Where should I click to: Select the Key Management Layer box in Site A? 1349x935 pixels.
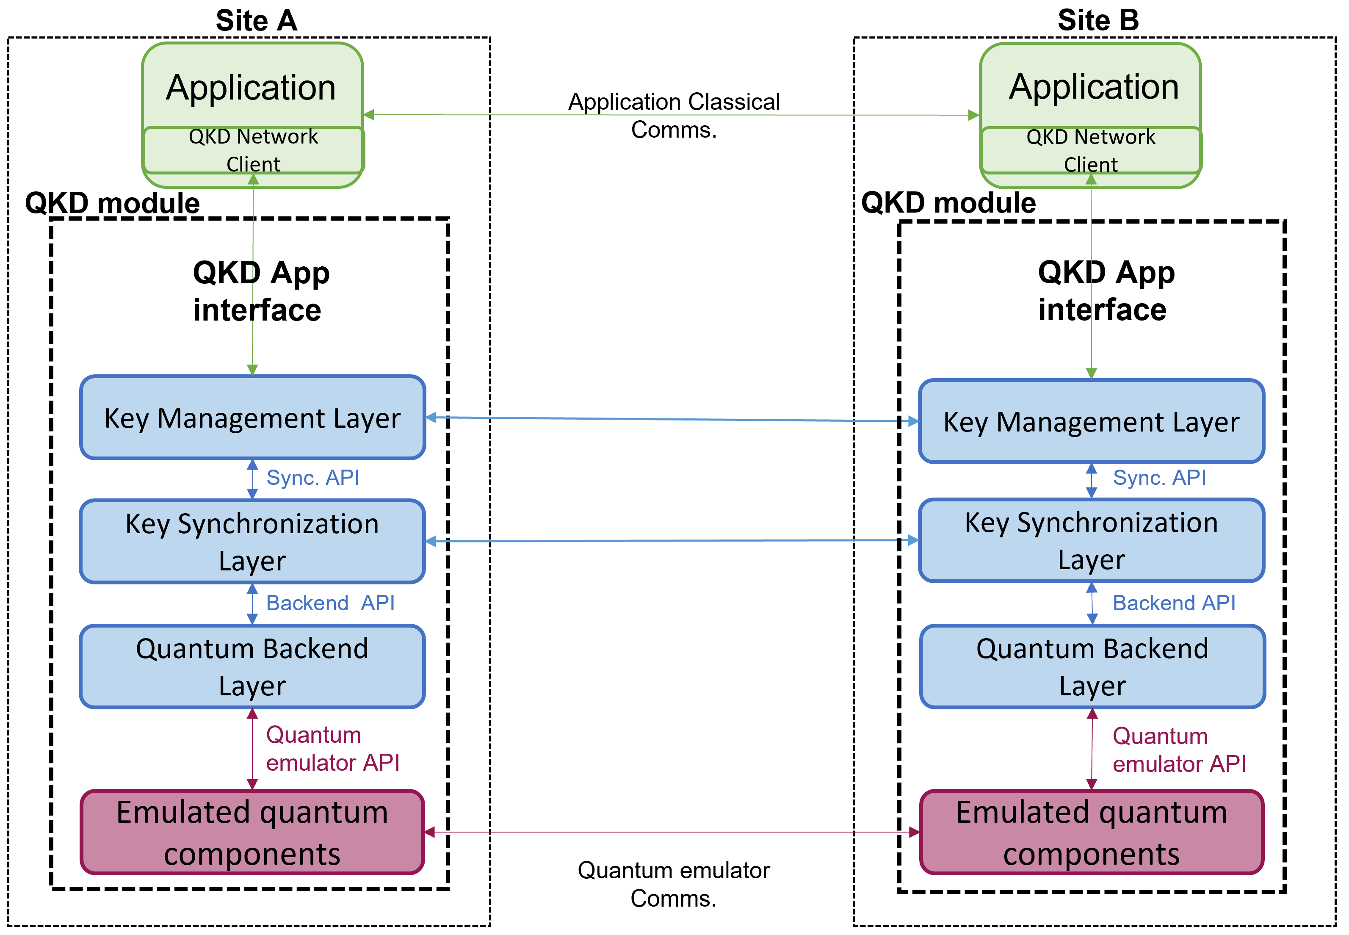252,418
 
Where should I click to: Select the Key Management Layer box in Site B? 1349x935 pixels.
1091,422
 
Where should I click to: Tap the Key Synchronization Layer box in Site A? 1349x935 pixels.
252,541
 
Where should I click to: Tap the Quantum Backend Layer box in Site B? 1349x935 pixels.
1092,667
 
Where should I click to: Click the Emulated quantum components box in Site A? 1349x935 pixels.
252,832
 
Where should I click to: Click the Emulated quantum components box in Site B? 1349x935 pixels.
1091,832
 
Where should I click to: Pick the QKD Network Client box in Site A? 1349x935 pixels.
253,150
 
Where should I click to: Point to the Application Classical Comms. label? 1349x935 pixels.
674,116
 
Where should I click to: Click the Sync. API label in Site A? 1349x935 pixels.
313,478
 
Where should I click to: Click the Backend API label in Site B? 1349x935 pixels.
1173,603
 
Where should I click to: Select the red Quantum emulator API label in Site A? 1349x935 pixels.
332,749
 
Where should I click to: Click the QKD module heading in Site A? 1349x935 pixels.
113,203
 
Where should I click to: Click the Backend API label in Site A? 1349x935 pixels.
330,603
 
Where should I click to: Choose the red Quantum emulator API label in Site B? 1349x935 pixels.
1178,750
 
